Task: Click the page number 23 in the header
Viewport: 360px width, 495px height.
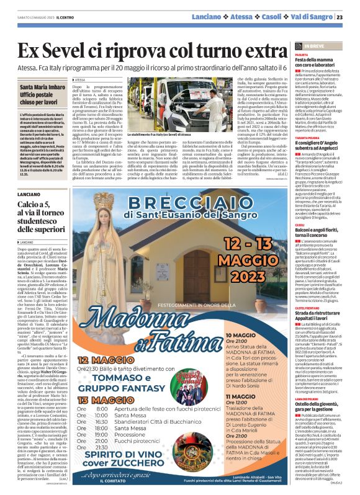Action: (x=348, y=17)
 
